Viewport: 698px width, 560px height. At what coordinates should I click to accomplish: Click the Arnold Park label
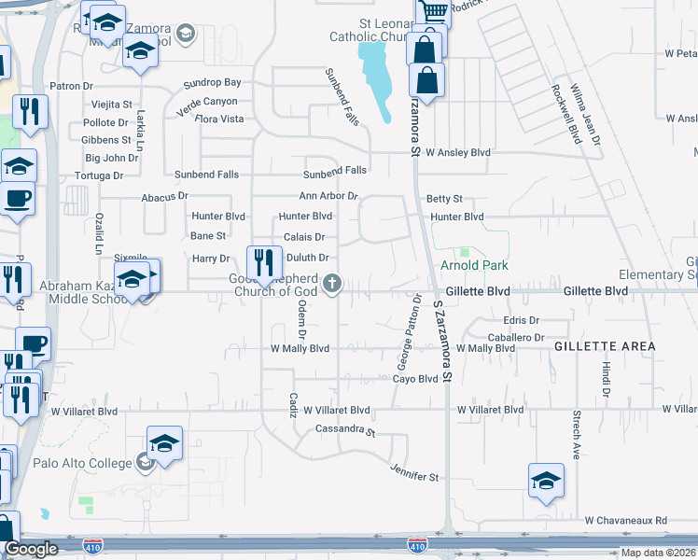coord(474,266)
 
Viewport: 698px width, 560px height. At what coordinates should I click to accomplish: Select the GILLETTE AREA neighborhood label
coord(604,346)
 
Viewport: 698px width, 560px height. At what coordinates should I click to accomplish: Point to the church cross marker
coord(331,283)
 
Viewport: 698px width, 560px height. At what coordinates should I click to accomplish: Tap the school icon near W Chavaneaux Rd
coord(546,480)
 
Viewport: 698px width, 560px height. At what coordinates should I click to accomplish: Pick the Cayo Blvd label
coord(414,379)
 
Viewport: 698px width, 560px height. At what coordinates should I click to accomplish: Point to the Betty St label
coord(444,199)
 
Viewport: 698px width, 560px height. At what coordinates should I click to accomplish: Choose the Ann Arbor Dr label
coord(328,196)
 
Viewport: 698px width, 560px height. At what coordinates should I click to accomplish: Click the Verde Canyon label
coord(206,102)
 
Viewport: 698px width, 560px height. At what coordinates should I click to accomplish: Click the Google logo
coord(31,549)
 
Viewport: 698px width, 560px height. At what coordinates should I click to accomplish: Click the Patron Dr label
coord(72,86)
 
